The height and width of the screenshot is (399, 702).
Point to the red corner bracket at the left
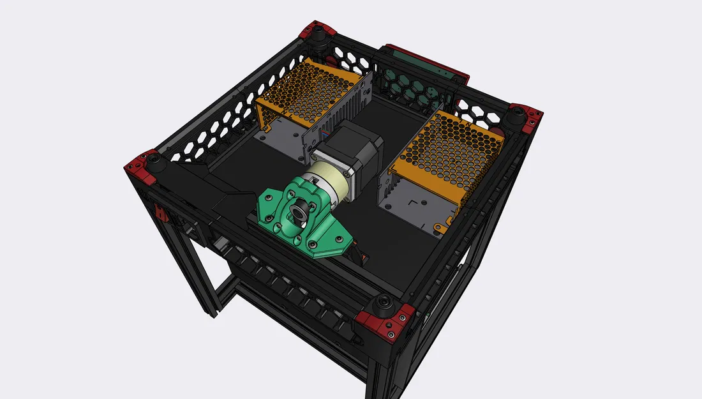pos(142,165)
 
